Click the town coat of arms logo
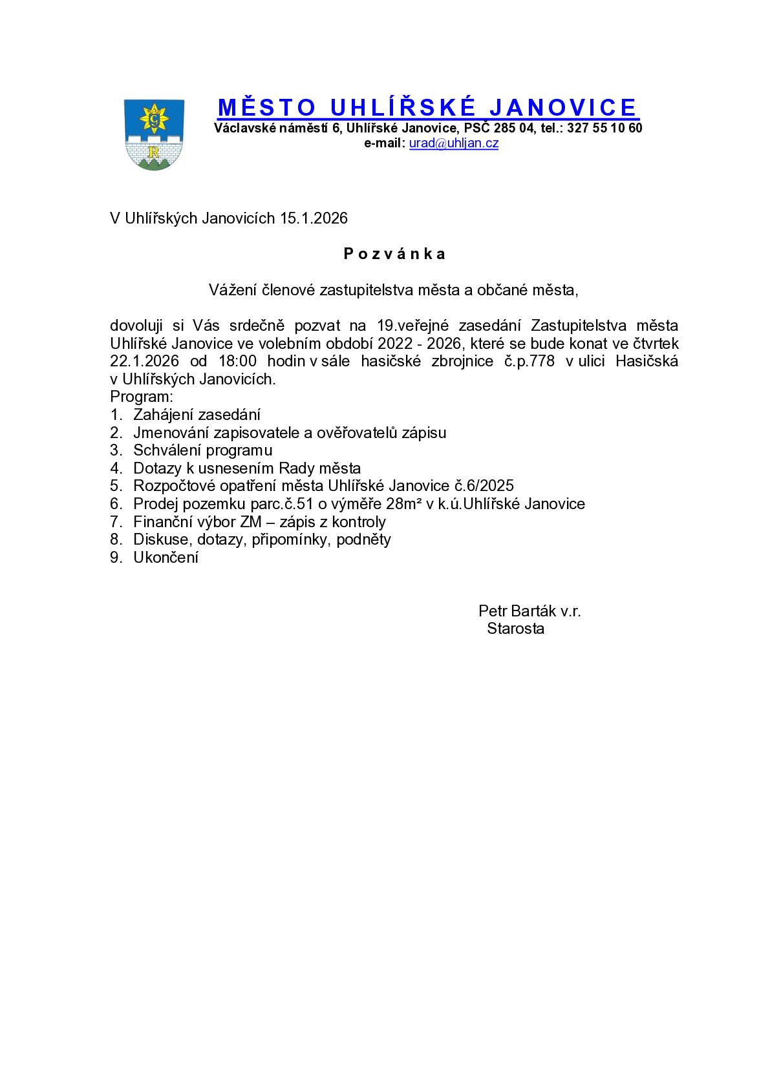154,134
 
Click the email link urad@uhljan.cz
453,143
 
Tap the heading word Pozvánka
394,254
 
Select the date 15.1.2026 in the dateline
314,218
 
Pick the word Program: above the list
142,397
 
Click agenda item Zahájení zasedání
197,415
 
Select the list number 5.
116,486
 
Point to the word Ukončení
166,558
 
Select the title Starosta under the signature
515,629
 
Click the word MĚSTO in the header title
266,107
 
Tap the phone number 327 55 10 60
604,128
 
